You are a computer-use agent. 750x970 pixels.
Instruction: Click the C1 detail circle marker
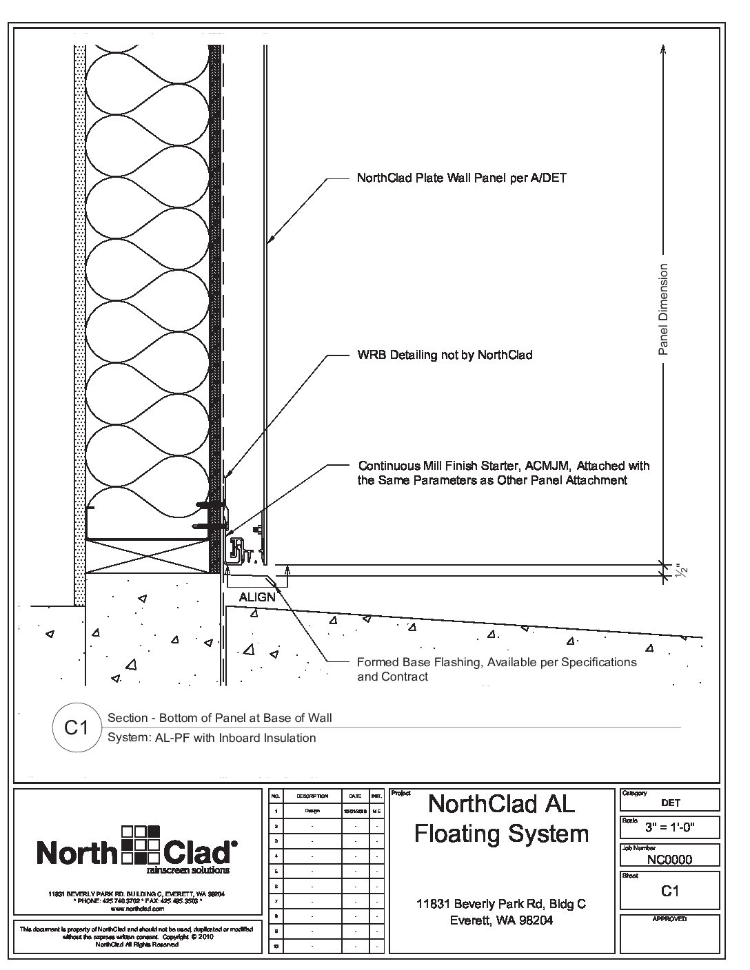(76, 727)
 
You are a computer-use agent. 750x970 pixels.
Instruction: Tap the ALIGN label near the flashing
(257, 597)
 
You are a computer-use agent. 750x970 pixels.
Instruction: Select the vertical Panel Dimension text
(663, 309)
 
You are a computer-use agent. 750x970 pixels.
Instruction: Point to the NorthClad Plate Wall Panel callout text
(462, 178)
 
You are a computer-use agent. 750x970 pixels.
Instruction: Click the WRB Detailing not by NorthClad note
(445, 355)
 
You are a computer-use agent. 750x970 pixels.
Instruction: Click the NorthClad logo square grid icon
(141, 843)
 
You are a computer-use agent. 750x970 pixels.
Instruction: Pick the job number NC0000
(669, 859)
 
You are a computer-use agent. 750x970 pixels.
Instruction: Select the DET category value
(670, 803)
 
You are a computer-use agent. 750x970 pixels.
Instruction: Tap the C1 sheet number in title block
(669, 891)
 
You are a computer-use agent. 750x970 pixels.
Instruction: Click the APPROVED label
(669, 919)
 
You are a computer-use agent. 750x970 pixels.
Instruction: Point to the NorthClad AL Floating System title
(501, 818)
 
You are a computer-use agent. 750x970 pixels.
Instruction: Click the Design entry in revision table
(312, 811)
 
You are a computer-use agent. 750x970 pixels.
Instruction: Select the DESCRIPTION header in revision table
(312, 796)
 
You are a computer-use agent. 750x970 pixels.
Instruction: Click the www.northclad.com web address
(135, 909)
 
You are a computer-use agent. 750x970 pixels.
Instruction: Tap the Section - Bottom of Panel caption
(220, 718)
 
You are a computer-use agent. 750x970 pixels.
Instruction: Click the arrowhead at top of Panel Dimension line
(663, 49)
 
